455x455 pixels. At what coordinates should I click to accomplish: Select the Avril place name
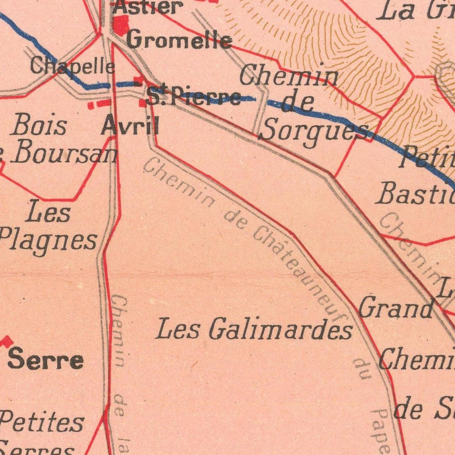click(130, 125)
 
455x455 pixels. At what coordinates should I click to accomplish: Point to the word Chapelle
click(72, 66)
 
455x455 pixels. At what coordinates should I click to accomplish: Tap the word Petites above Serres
click(43, 423)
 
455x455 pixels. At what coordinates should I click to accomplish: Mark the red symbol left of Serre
click(7, 341)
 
